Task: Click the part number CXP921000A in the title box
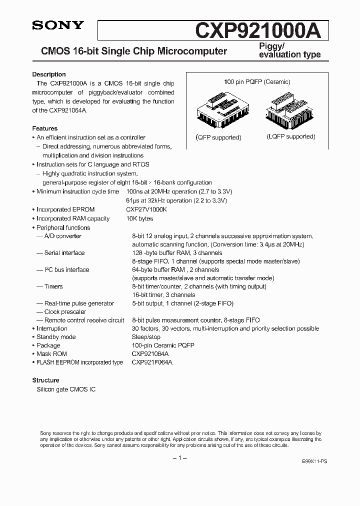point(261,30)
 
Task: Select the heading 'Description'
point(49,74)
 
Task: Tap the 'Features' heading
point(44,128)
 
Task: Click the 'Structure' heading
point(45,380)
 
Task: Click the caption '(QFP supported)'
point(218,137)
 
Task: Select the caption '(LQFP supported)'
point(290,136)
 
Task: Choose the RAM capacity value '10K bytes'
point(140,218)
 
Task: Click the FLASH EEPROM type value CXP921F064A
point(152,362)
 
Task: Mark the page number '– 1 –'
point(179,458)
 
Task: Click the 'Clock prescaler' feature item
point(65,311)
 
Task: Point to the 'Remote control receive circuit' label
point(84,320)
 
